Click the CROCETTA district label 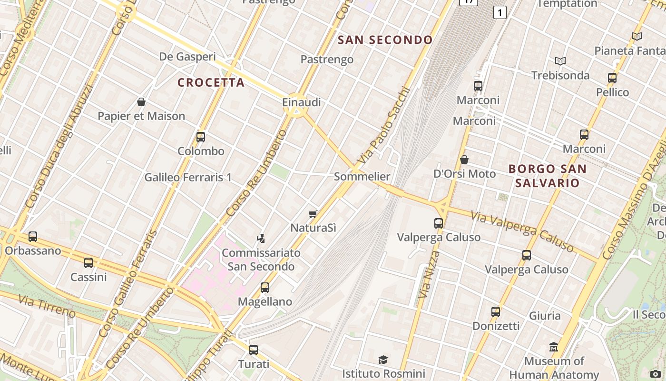click(x=211, y=82)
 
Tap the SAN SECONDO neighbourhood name click(x=385, y=40)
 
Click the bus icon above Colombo click(x=201, y=137)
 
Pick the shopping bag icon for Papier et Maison click(x=141, y=102)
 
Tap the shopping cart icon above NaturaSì click(x=313, y=214)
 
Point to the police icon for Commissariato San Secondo click(x=261, y=238)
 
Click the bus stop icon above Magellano click(x=265, y=288)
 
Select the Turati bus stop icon click(x=254, y=350)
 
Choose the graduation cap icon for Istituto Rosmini click(x=383, y=360)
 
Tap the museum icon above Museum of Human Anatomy click(x=554, y=347)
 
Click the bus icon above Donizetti click(x=496, y=312)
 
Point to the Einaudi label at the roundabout click(x=301, y=102)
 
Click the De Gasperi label click(x=187, y=57)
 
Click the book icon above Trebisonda click(x=560, y=61)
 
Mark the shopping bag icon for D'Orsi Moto click(x=464, y=160)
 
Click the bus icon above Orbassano click(x=33, y=236)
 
